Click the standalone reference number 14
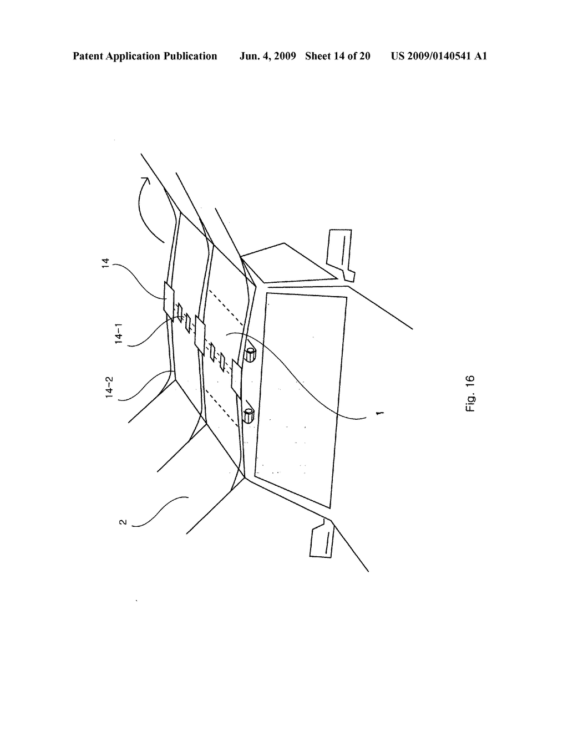tap(106, 263)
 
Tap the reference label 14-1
tap(119, 334)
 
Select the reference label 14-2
tap(110, 388)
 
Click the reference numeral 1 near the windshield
tap(379, 413)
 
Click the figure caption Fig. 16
tap(470, 394)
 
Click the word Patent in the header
tap(88, 56)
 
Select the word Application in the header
tap(134, 57)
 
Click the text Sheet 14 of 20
tap(338, 56)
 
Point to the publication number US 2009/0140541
tap(431, 56)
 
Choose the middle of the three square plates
tap(200, 336)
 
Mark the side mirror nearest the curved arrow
tap(340, 255)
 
